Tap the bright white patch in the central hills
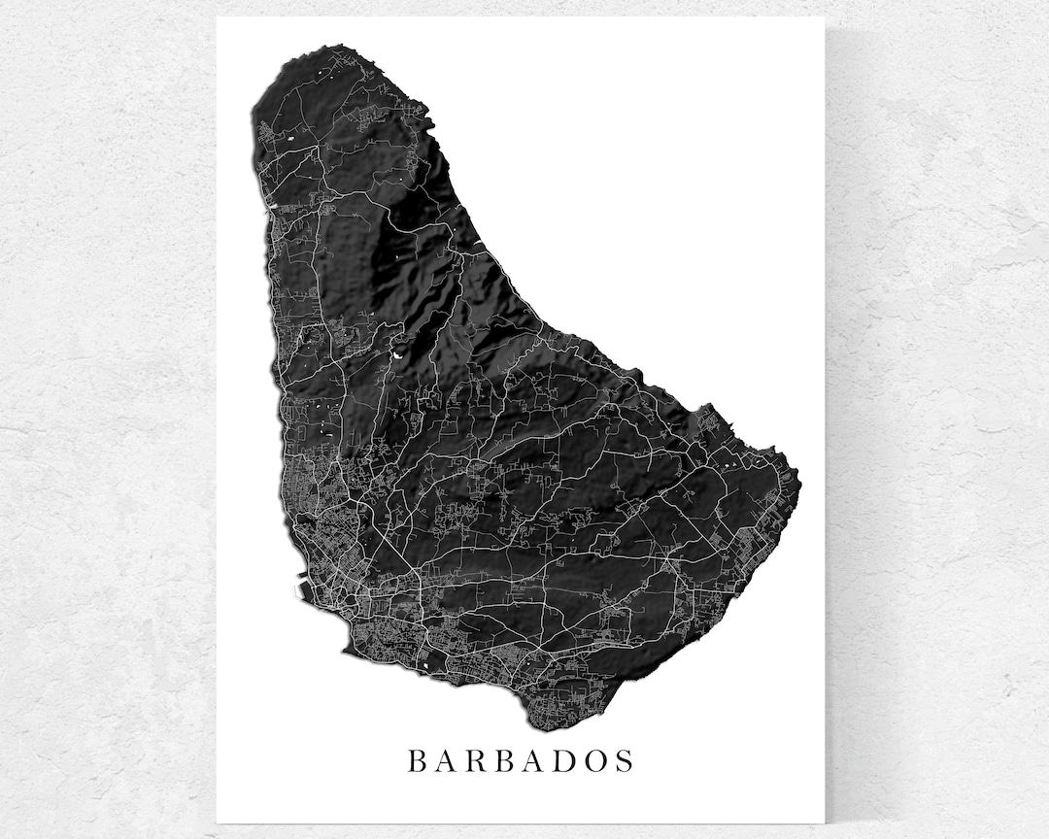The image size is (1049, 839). pyautogui.click(x=398, y=355)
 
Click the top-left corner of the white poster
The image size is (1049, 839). pyautogui.click(x=217, y=17)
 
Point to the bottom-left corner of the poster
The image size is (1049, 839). pyautogui.click(x=217, y=824)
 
